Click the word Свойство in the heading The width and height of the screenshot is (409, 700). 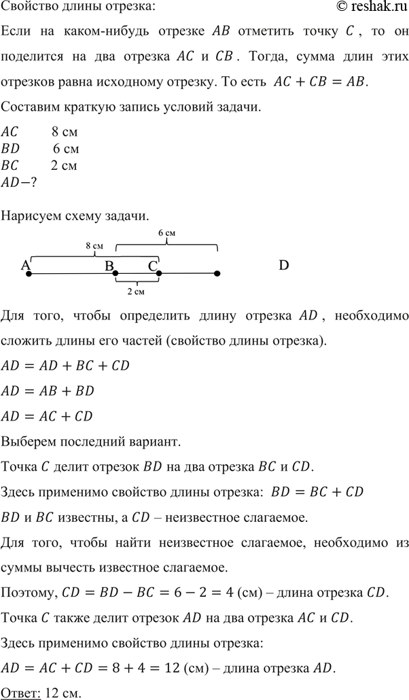[x=26, y=7]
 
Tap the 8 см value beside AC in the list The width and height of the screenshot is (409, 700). [x=65, y=132]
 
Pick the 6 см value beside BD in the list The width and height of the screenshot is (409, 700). [x=66, y=148]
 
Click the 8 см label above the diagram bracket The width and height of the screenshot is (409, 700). [x=94, y=245]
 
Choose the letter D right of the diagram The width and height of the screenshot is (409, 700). [x=284, y=266]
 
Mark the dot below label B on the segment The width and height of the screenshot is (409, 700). [x=115, y=274]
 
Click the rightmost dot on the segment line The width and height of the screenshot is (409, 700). [x=217, y=274]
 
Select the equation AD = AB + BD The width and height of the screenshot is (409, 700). [x=48, y=391]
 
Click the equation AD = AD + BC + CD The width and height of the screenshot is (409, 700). [x=65, y=366]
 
